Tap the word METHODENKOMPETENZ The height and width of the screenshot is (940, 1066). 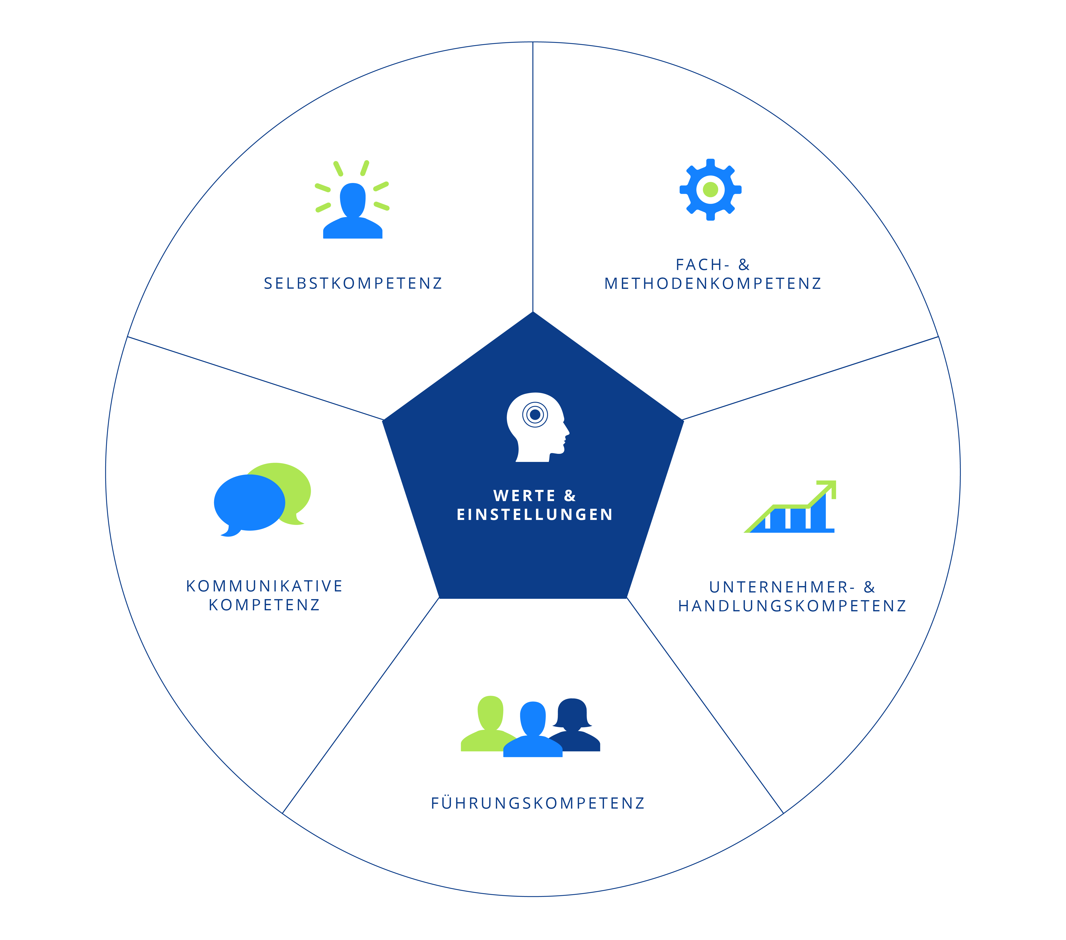click(712, 283)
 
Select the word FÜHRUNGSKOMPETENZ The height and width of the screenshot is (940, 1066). click(538, 803)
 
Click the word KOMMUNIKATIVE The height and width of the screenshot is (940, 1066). click(264, 586)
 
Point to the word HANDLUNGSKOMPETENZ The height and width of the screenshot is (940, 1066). click(792, 606)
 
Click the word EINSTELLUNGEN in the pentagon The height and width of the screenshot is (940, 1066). click(535, 514)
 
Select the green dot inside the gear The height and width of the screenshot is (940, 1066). click(710, 189)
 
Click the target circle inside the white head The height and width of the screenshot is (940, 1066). click(535, 415)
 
